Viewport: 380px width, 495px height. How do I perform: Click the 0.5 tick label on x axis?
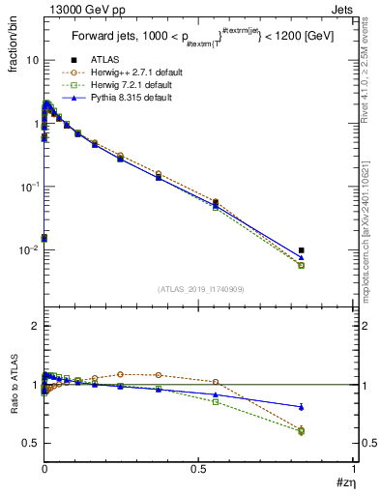[199, 469]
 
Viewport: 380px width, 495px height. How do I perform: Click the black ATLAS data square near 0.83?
[302, 250]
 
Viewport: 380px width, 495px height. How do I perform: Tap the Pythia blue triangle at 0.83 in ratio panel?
[302, 407]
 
